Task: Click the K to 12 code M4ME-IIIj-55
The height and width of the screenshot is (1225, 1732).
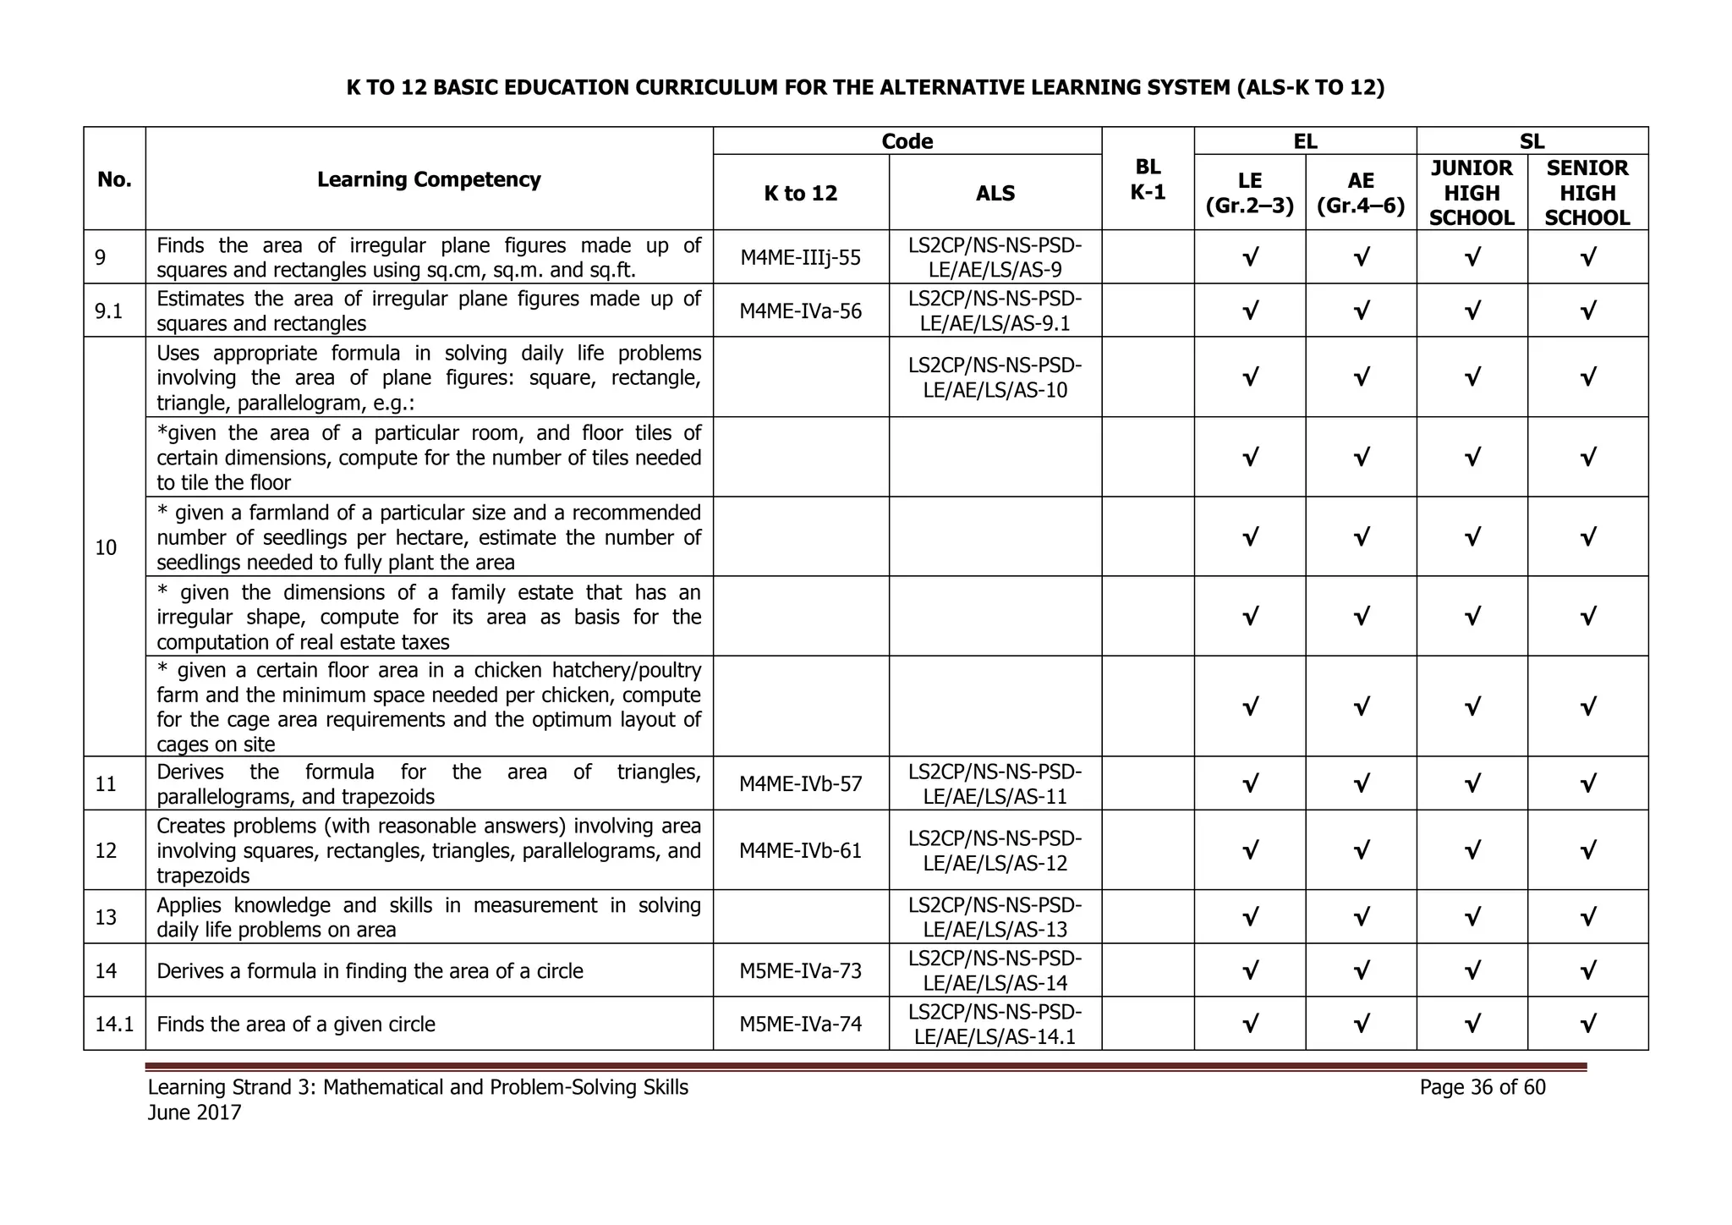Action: pos(800,257)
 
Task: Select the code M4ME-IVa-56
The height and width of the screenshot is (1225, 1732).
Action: pos(800,311)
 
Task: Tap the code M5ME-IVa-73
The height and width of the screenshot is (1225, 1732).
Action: pos(800,970)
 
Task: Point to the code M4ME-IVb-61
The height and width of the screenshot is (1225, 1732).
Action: pos(800,850)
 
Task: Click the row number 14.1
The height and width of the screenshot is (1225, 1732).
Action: pos(114,1024)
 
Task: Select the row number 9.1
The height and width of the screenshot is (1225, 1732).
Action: pos(109,311)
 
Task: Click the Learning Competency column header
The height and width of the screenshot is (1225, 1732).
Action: pos(429,179)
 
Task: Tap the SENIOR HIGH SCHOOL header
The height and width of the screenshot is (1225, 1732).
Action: pos(1587,193)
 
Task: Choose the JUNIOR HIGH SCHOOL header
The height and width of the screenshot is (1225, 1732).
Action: pos(1472,193)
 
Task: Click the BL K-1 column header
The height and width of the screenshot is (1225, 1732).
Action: pos(1148,179)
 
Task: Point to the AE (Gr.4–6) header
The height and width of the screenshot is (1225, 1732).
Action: pos(1361,193)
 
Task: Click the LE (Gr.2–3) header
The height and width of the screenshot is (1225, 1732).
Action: pos(1249,193)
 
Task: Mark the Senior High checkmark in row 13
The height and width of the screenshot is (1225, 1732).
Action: pos(1587,917)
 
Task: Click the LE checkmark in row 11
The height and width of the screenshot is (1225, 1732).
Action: pos(1249,783)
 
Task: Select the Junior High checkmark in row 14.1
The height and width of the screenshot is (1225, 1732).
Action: pos(1472,1024)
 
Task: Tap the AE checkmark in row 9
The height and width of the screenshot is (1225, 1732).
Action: pos(1361,257)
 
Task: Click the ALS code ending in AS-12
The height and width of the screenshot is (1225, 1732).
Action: pos(995,850)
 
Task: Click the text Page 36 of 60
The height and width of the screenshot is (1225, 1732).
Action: pos(1482,1087)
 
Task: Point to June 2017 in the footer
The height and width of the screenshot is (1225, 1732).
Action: pos(195,1112)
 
